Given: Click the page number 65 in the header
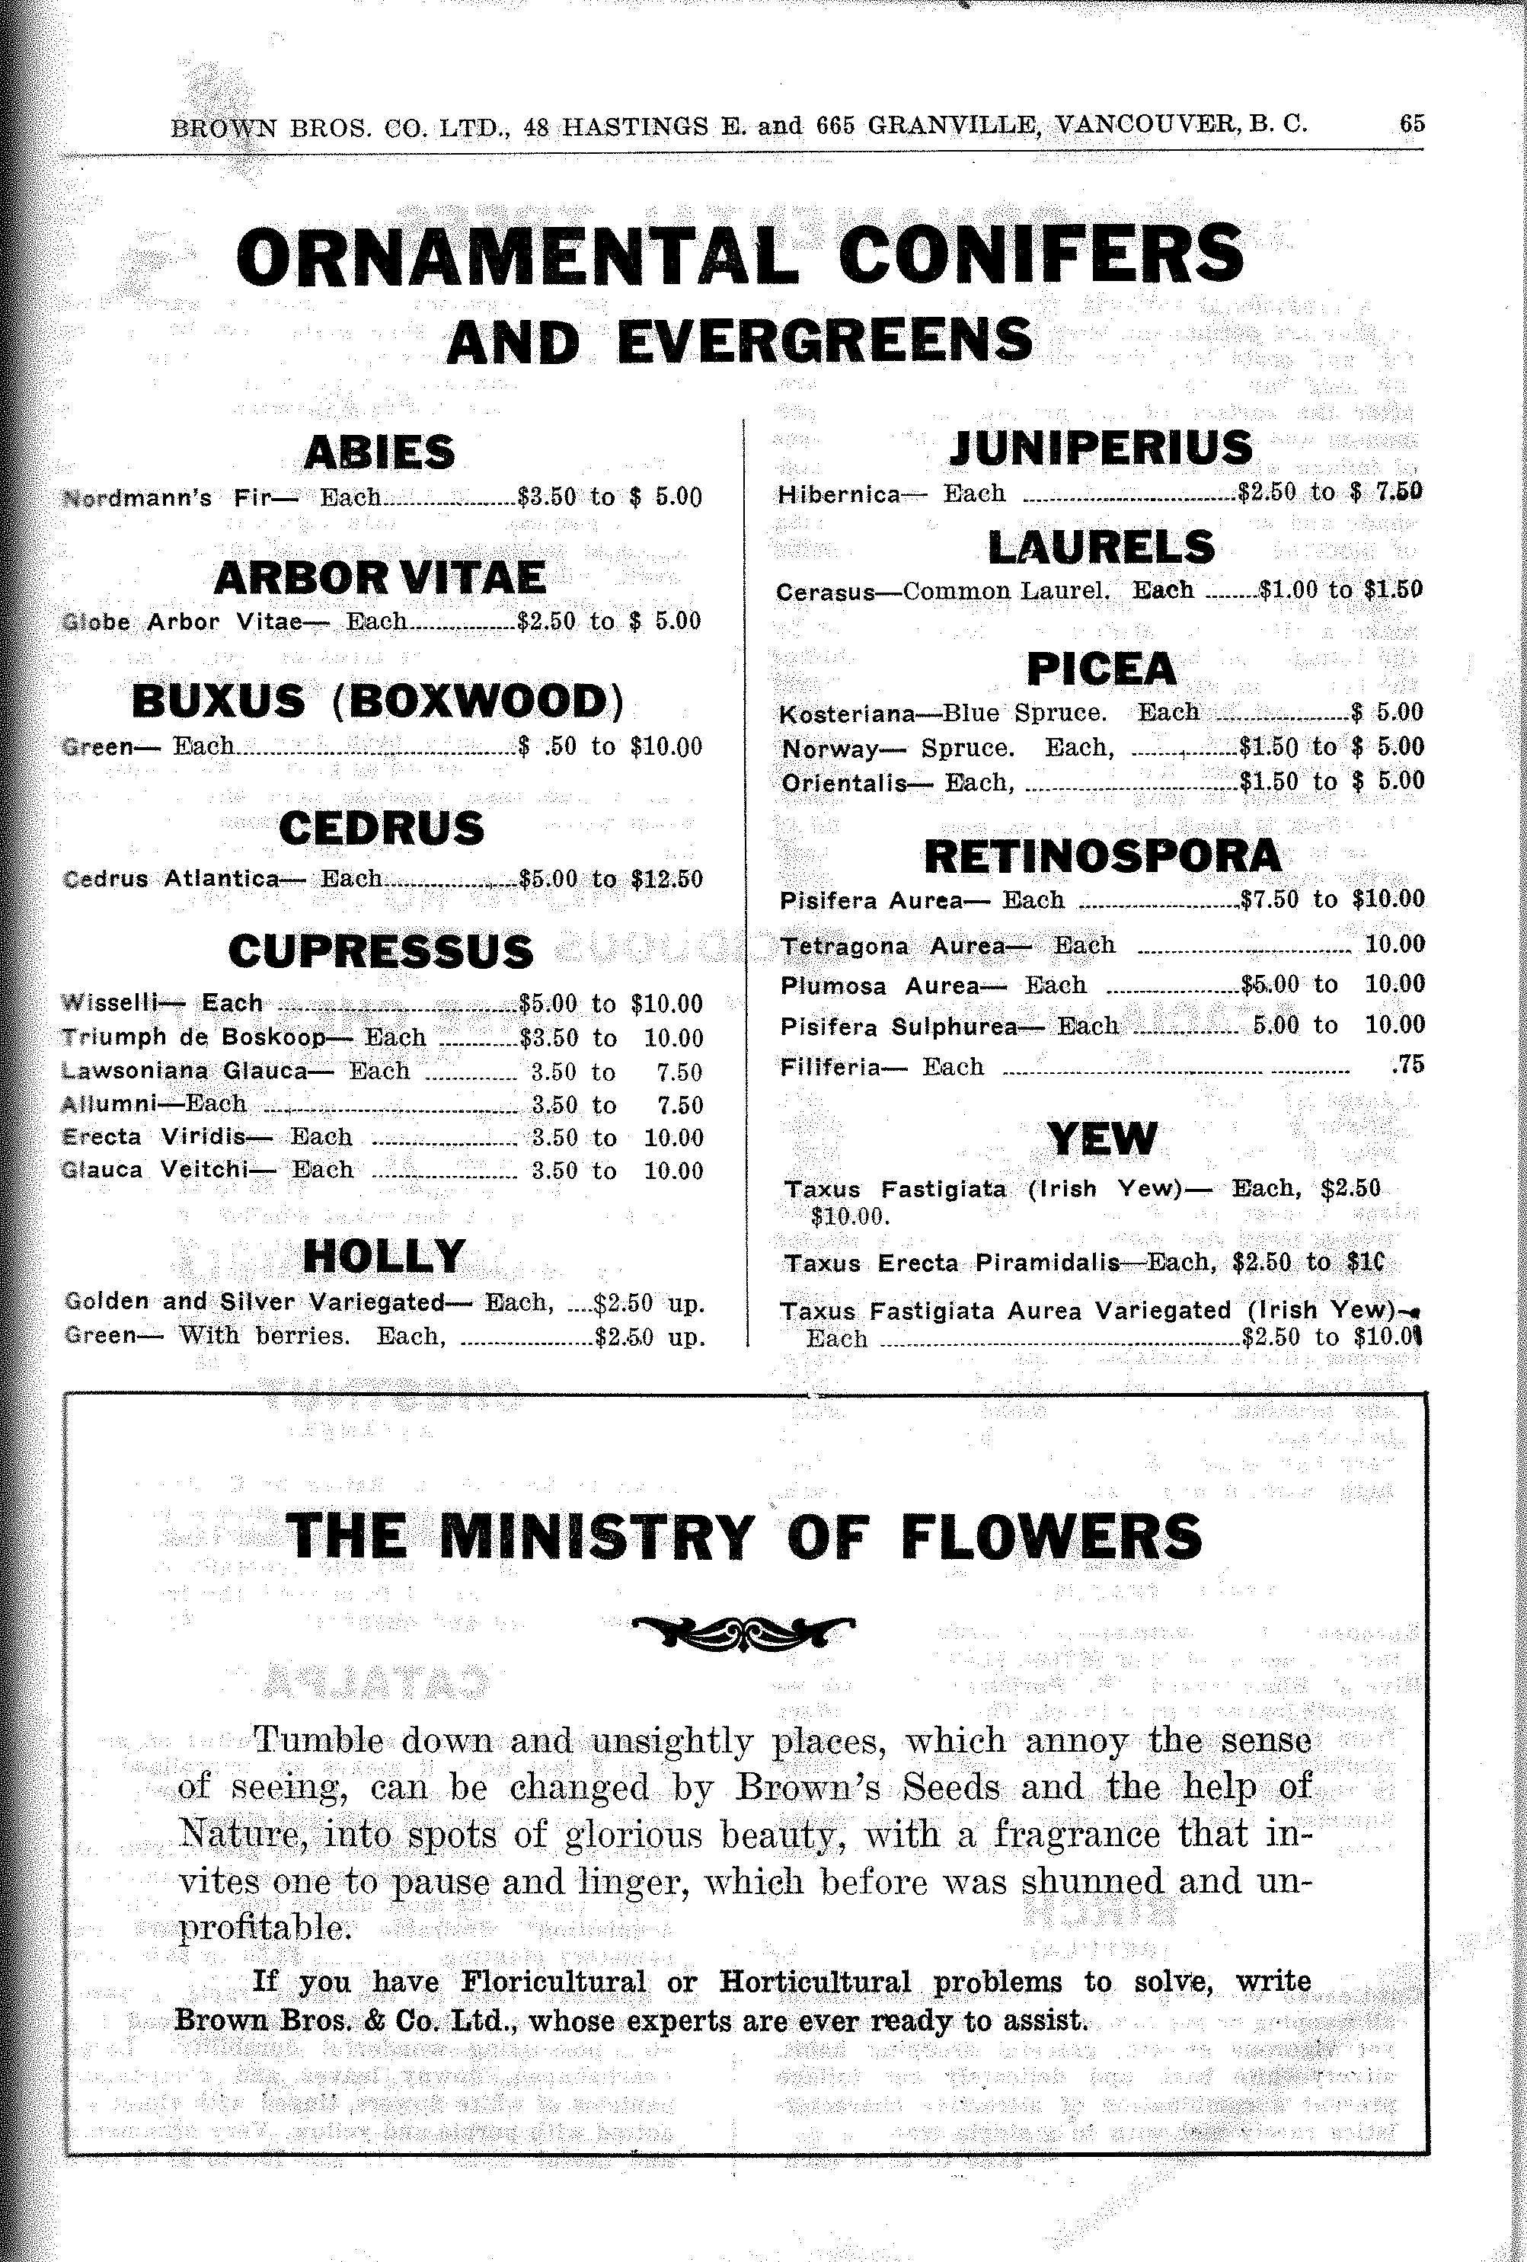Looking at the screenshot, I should pyautogui.click(x=1411, y=123).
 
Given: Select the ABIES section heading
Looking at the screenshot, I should pyautogui.click(x=379, y=452).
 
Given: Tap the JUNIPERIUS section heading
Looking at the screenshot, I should pyautogui.click(x=1101, y=448).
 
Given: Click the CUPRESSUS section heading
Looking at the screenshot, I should pyautogui.click(x=381, y=952).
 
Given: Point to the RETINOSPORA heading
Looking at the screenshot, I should pyautogui.click(x=1102, y=857).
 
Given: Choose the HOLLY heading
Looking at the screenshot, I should pyautogui.click(x=383, y=1257).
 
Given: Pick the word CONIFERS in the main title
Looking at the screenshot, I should pyautogui.click(x=1040, y=255).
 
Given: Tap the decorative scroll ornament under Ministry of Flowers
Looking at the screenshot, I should pyautogui.click(x=743, y=1632).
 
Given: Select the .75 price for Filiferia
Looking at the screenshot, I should pyautogui.click(x=1408, y=1065).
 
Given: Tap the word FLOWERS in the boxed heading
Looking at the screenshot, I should pyautogui.click(x=1051, y=1537).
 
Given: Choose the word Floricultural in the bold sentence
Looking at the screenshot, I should pyautogui.click(x=553, y=1982).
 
